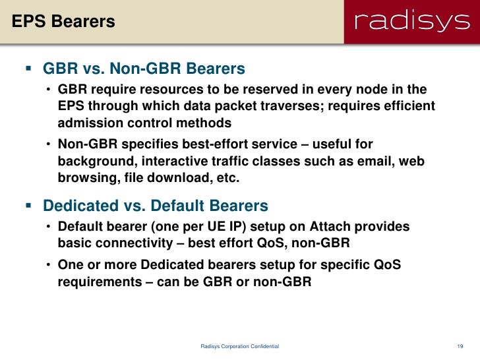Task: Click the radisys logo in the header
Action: (x=411, y=22)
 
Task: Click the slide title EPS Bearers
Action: (x=63, y=22)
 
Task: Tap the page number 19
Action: (x=460, y=346)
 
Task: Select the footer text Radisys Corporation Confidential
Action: (x=239, y=346)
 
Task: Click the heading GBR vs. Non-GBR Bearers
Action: (x=144, y=69)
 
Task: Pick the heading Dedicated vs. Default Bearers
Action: (x=155, y=206)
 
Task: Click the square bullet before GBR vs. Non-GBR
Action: (x=28, y=69)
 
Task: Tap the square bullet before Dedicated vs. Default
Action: (x=28, y=206)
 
